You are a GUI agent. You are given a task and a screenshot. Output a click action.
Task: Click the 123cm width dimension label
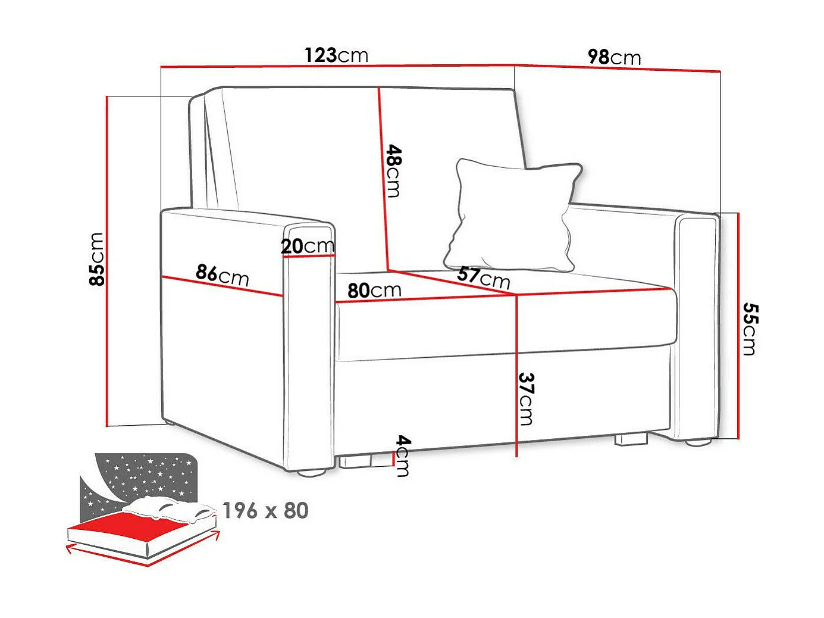tap(336, 55)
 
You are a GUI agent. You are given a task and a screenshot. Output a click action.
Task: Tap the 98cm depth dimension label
tap(614, 57)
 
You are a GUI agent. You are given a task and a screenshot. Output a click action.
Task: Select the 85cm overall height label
tap(96, 259)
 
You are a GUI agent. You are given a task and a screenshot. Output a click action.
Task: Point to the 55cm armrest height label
tap(750, 329)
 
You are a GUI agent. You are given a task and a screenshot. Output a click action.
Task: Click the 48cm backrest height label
tap(393, 170)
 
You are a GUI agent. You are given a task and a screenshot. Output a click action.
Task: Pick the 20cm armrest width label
tap(308, 246)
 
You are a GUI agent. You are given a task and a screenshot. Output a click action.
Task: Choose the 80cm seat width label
tap(374, 291)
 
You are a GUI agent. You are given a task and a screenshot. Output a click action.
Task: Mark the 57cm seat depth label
tap(484, 277)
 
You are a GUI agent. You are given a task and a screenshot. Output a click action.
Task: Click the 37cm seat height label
tap(527, 399)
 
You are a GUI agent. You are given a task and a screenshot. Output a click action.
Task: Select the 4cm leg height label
tap(403, 455)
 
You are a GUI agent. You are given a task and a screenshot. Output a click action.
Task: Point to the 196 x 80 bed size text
tap(265, 511)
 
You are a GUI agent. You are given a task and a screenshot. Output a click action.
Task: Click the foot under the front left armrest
tap(311, 475)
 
